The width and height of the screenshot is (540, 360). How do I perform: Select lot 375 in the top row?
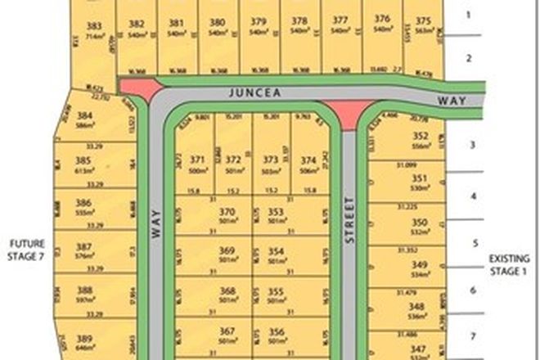(x=423, y=21)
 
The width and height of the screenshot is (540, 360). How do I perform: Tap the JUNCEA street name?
(x=256, y=94)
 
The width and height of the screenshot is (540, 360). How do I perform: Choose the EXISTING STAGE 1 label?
(x=510, y=263)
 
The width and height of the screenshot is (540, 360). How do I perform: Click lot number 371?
(x=196, y=160)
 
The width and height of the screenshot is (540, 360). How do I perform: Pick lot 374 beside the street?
(x=308, y=160)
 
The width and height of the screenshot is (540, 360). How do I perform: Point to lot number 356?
(x=276, y=331)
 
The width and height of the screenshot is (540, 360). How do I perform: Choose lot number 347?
(x=421, y=349)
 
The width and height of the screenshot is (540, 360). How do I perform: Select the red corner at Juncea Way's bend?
(x=139, y=89)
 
